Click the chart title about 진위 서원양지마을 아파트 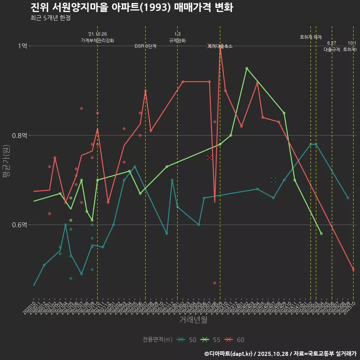(132, 7)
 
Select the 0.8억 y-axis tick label (19, 135)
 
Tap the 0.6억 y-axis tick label (19, 225)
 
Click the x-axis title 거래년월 (193, 320)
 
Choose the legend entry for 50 (188, 340)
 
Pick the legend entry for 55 (212, 340)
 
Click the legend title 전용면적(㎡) (157, 340)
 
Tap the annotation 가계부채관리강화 (97, 40)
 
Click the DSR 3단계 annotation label (145, 46)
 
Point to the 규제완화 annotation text (177, 40)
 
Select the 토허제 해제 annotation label (311, 37)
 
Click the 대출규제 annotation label (332, 49)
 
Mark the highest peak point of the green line (247, 68)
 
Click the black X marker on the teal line (273, 180)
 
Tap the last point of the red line (353, 269)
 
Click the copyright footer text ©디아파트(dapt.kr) (229, 353)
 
